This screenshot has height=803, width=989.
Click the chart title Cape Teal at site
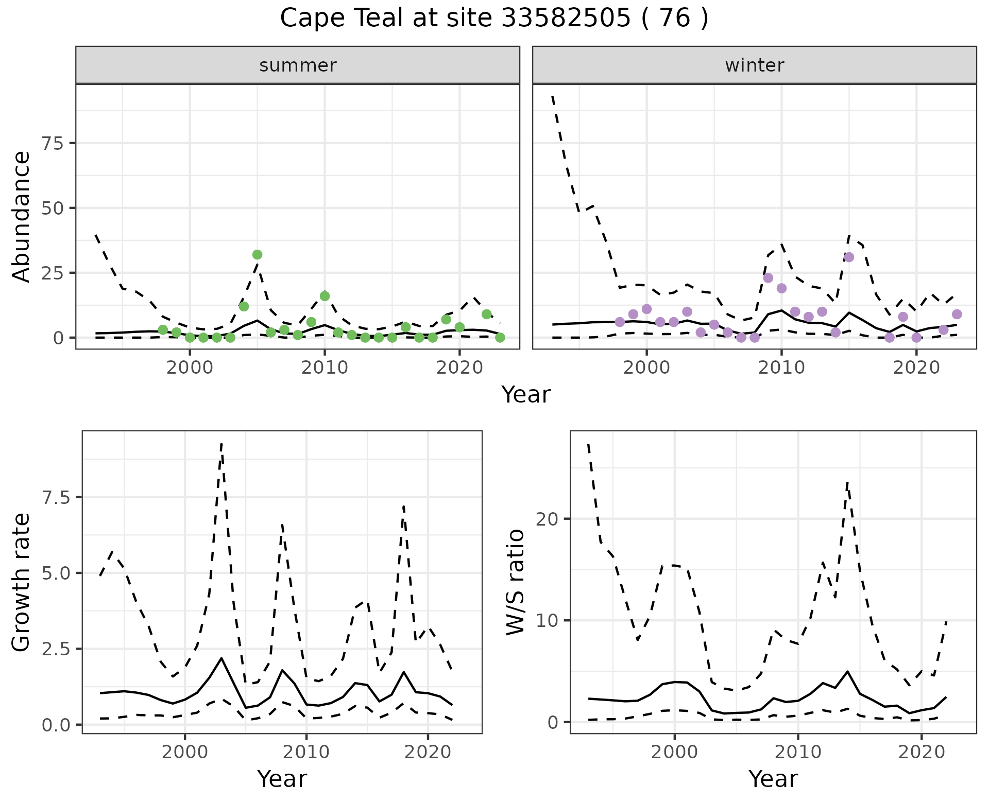(494, 19)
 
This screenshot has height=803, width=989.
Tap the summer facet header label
(298, 65)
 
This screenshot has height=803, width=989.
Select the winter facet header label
(754, 65)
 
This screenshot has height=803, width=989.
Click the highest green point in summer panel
(258, 254)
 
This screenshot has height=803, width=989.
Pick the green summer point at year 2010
(325, 296)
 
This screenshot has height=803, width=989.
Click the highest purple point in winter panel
(849, 257)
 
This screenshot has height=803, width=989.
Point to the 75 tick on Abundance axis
(54, 143)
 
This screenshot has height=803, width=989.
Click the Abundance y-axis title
(22, 216)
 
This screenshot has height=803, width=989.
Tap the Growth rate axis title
(22, 583)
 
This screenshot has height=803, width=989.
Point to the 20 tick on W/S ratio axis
(547, 519)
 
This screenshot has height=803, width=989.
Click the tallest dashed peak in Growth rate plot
(221, 444)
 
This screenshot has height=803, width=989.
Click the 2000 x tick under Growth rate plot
(185, 752)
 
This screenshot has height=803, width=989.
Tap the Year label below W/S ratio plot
(773, 779)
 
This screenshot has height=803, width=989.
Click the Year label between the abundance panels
(526, 395)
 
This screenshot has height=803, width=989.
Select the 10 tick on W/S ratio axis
(547, 621)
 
